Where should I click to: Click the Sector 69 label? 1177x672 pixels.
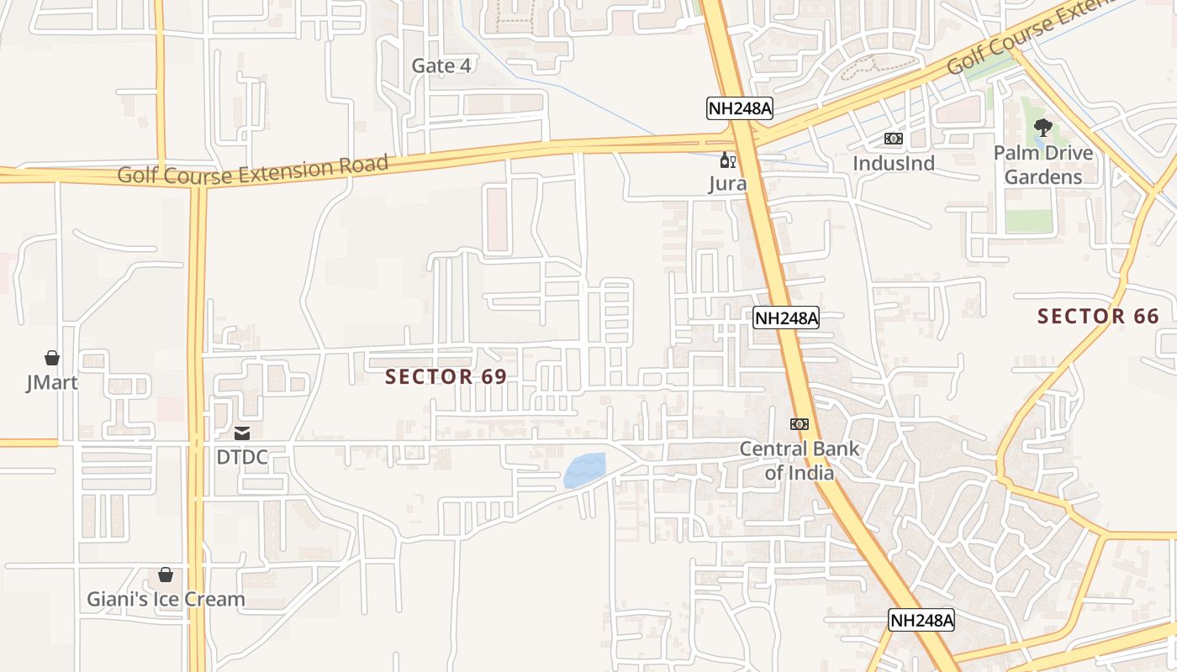click(446, 377)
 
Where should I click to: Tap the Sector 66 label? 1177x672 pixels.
click(1098, 317)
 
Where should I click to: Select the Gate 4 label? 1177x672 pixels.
click(441, 66)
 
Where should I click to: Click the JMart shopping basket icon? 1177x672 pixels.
click(52, 359)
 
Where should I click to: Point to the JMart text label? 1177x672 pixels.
click(52, 383)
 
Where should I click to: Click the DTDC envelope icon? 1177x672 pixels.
click(242, 433)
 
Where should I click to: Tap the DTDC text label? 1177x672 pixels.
click(242, 458)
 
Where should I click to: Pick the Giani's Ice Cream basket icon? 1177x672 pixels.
click(166, 575)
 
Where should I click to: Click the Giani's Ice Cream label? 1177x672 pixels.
click(166, 600)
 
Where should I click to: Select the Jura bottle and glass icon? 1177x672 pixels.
click(727, 160)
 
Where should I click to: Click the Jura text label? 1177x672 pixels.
click(727, 183)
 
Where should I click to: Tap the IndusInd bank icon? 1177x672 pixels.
click(893, 139)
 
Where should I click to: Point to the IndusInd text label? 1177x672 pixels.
click(894, 163)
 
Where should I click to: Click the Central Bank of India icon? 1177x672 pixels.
click(800, 424)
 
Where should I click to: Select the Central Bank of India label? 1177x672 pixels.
click(800, 460)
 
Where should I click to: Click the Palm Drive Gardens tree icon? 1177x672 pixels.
click(1042, 128)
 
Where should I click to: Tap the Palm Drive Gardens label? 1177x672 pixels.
click(1043, 165)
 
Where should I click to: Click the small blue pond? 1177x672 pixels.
click(584, 471)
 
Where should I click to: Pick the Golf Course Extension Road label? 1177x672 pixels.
click(252, 169)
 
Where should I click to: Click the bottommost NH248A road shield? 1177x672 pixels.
click(922, 621)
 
